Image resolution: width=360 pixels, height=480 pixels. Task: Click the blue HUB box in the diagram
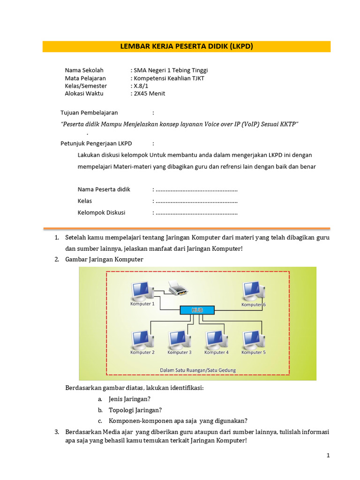coord(197,310)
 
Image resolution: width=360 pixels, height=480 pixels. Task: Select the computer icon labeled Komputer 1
coord(141,291)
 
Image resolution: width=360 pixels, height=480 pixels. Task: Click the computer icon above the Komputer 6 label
coord(252,291)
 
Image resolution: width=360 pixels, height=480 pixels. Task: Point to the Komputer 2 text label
coord(142,352)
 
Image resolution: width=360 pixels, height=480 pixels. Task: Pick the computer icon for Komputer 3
coord(179,340)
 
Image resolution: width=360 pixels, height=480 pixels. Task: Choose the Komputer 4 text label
coord(216,352)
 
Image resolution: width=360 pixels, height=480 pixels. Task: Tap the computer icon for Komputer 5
coord(253,340)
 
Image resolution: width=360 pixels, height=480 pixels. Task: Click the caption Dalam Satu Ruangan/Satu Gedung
coord(198,370)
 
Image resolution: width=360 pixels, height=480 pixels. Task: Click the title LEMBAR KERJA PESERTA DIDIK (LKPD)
coord(187,46)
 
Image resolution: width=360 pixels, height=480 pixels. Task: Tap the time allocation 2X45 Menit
coord(149,93)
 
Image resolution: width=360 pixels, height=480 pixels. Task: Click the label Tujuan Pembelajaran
coord(89,112)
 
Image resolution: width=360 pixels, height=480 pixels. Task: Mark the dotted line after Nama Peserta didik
coord(196,189)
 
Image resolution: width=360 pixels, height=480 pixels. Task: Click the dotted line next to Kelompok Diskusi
coord(196,212)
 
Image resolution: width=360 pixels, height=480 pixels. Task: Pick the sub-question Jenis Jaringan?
coord(129,399)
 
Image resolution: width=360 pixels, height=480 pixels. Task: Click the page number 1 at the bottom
coord(329,455)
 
